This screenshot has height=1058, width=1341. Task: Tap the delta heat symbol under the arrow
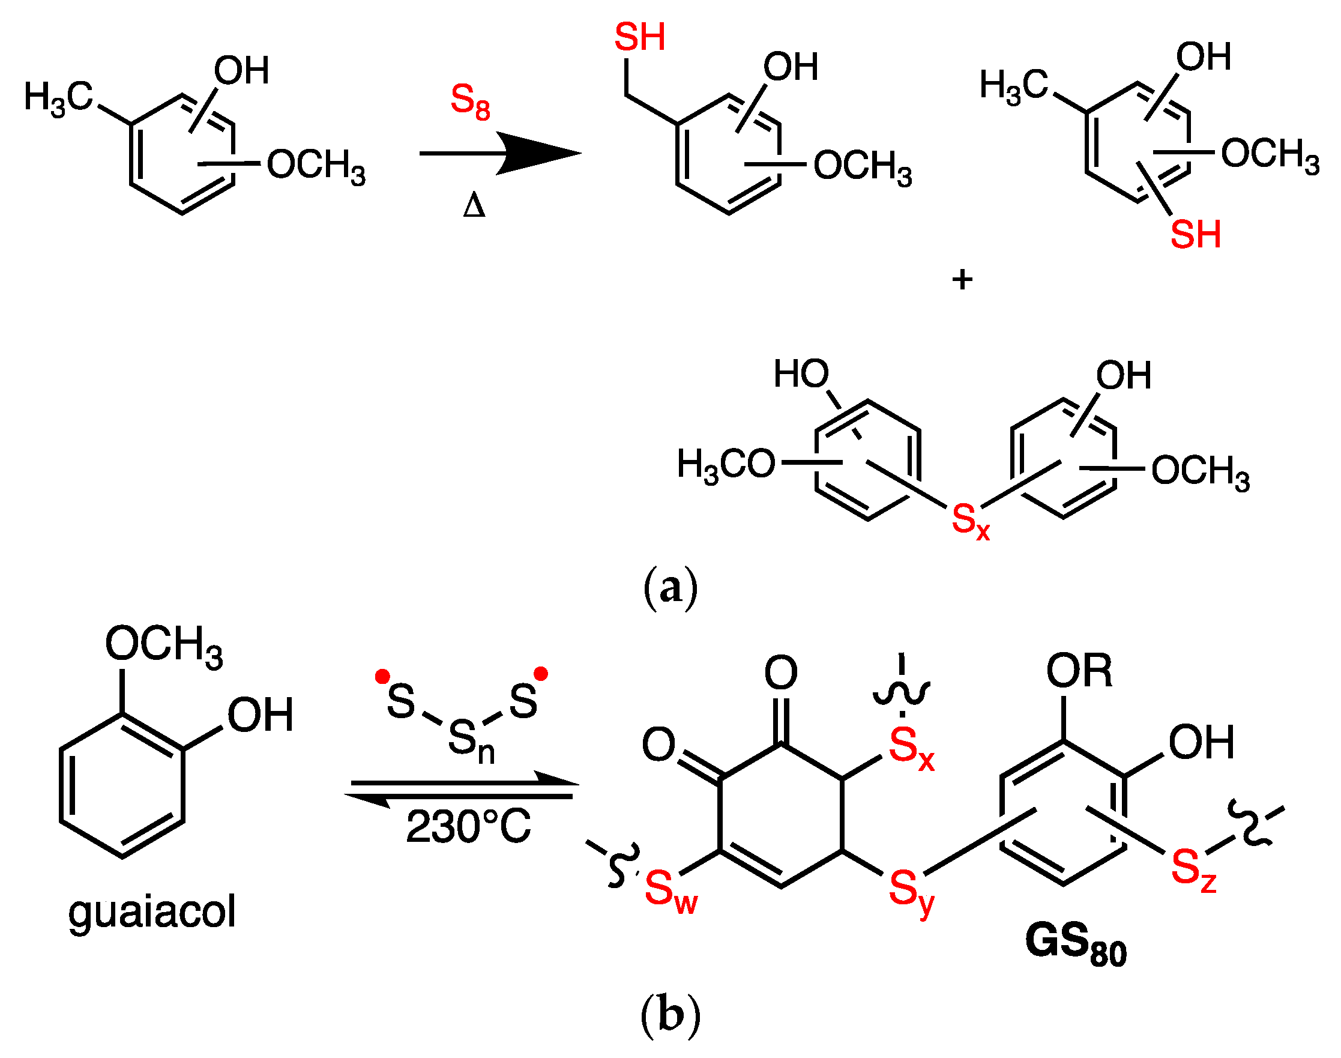click(x=474, y=205)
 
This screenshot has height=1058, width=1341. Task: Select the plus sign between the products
click(x=962, y=280)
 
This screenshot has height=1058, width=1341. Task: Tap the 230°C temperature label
click(x=468, y=827)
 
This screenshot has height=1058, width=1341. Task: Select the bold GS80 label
click(x=1076, y=944)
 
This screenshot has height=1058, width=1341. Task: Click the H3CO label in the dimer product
click(x=726, y=465)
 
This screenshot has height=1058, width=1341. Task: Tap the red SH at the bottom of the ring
click(x=1195, y=235)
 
